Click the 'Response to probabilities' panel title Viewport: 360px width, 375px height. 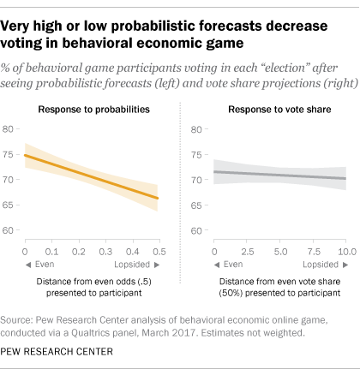point(94,110)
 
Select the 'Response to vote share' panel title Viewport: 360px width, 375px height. point(279,110)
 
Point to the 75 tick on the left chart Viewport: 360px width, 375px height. point(8,154)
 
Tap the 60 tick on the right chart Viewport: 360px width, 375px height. point(196,230)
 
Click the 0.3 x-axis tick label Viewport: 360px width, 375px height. point(105,252)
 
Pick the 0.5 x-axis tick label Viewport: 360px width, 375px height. point(159,252)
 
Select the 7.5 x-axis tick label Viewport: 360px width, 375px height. point(314,252)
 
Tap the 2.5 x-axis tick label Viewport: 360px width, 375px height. point(248,252)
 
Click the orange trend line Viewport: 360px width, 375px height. point(91,176)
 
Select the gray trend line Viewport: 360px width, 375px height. point(280,175)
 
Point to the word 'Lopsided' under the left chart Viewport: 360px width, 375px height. point(132,265)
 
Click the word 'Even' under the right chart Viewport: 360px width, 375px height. point(233,265)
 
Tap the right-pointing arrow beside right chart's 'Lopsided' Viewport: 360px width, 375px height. point(345,265)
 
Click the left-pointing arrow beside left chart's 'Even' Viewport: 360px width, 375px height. point(28,265)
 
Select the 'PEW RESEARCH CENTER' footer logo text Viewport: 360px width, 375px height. point(57,351)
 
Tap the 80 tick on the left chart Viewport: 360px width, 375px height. point(8,129)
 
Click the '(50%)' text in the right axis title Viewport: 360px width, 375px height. point(231,293)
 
